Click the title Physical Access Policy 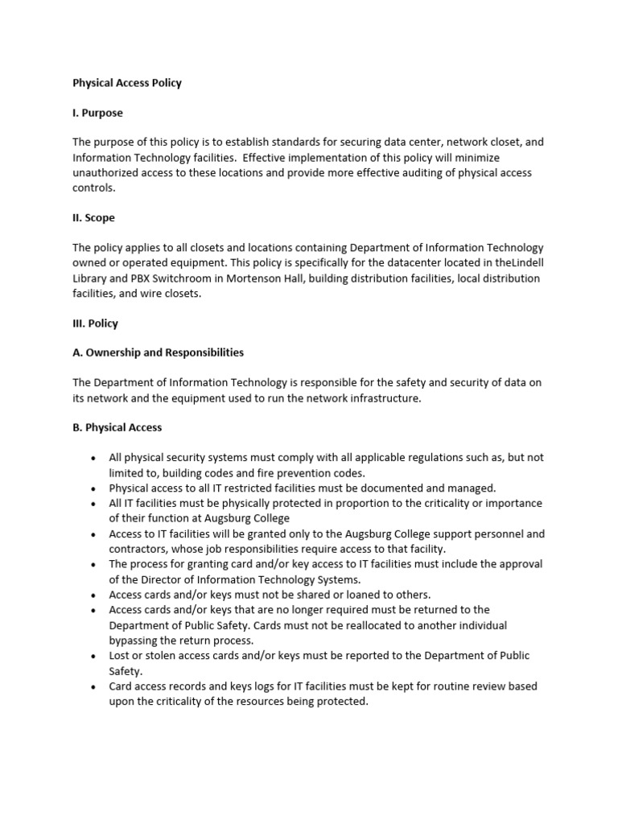pos(127,83)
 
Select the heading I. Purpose pos(97,113)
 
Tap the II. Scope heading pos(93,217)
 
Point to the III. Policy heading pos(95,323)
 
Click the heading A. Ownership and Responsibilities pos(158,352)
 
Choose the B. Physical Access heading pos(117,427)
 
